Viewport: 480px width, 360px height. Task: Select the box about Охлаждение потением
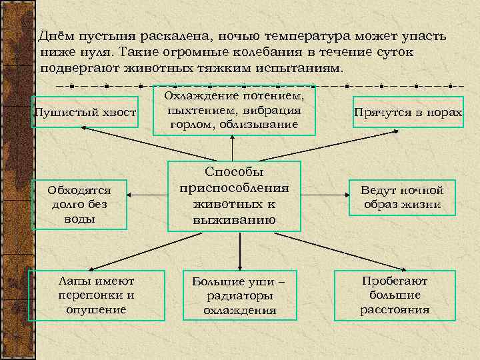pos(233,110)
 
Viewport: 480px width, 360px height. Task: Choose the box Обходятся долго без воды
pos(81,204)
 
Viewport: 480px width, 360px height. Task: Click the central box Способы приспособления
pos(234,196)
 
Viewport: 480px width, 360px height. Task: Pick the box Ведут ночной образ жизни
pos(402,197)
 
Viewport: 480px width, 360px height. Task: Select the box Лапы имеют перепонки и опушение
pos(97,295)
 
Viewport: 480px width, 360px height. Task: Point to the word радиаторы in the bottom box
pos(239,296)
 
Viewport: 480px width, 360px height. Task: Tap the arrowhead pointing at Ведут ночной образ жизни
pos(346,195)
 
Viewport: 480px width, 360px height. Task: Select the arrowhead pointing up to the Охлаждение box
pos(233,138)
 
